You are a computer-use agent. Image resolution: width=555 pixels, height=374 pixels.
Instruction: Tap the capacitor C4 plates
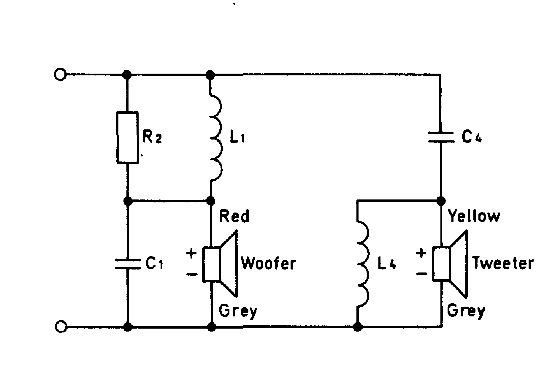coord(441,137)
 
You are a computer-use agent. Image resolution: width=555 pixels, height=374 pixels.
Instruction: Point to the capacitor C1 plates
coord(128,264)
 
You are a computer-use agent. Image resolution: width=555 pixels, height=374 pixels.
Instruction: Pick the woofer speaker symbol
coord(220,264)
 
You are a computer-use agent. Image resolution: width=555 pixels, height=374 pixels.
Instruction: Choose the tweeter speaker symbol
coord(450,264)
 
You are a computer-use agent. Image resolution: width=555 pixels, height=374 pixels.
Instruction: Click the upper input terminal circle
coord(60,74)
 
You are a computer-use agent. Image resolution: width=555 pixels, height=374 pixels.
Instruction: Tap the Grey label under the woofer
coord(238,311)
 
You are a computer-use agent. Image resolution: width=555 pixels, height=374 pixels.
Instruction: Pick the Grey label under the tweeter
coord(466,311)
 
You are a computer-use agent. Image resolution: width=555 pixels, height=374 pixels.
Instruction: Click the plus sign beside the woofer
coord(192,253)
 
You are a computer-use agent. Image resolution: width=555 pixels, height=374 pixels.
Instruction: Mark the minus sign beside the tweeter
coord(421,274)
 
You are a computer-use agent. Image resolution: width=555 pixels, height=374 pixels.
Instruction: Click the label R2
coord(152,137)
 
